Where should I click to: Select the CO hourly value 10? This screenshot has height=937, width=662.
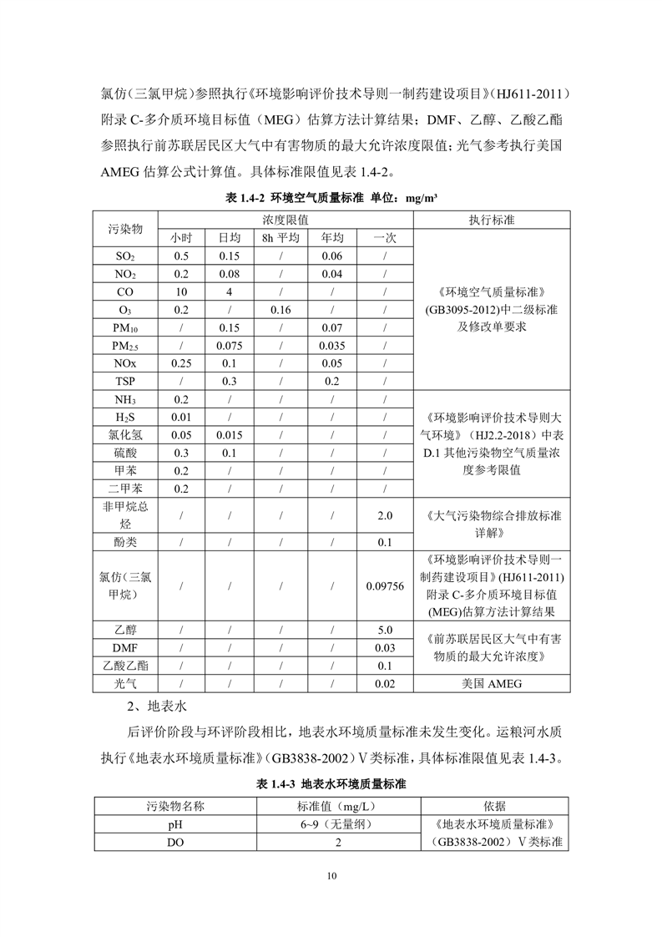coord(181,292)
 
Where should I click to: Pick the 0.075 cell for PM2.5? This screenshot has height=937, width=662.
coord(230,347)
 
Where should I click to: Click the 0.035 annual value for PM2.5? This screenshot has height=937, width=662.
coord(332,347)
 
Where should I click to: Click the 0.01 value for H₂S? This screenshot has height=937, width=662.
coord(181,418)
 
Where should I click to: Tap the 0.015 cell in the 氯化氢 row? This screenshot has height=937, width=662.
coord(230,435)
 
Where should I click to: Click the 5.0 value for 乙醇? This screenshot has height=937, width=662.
coord(385,631)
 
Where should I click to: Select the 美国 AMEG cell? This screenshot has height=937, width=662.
coord(492,684)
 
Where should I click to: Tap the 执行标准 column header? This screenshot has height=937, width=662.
coord(492,220)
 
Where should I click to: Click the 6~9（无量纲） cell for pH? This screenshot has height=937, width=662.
coord(338,824)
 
